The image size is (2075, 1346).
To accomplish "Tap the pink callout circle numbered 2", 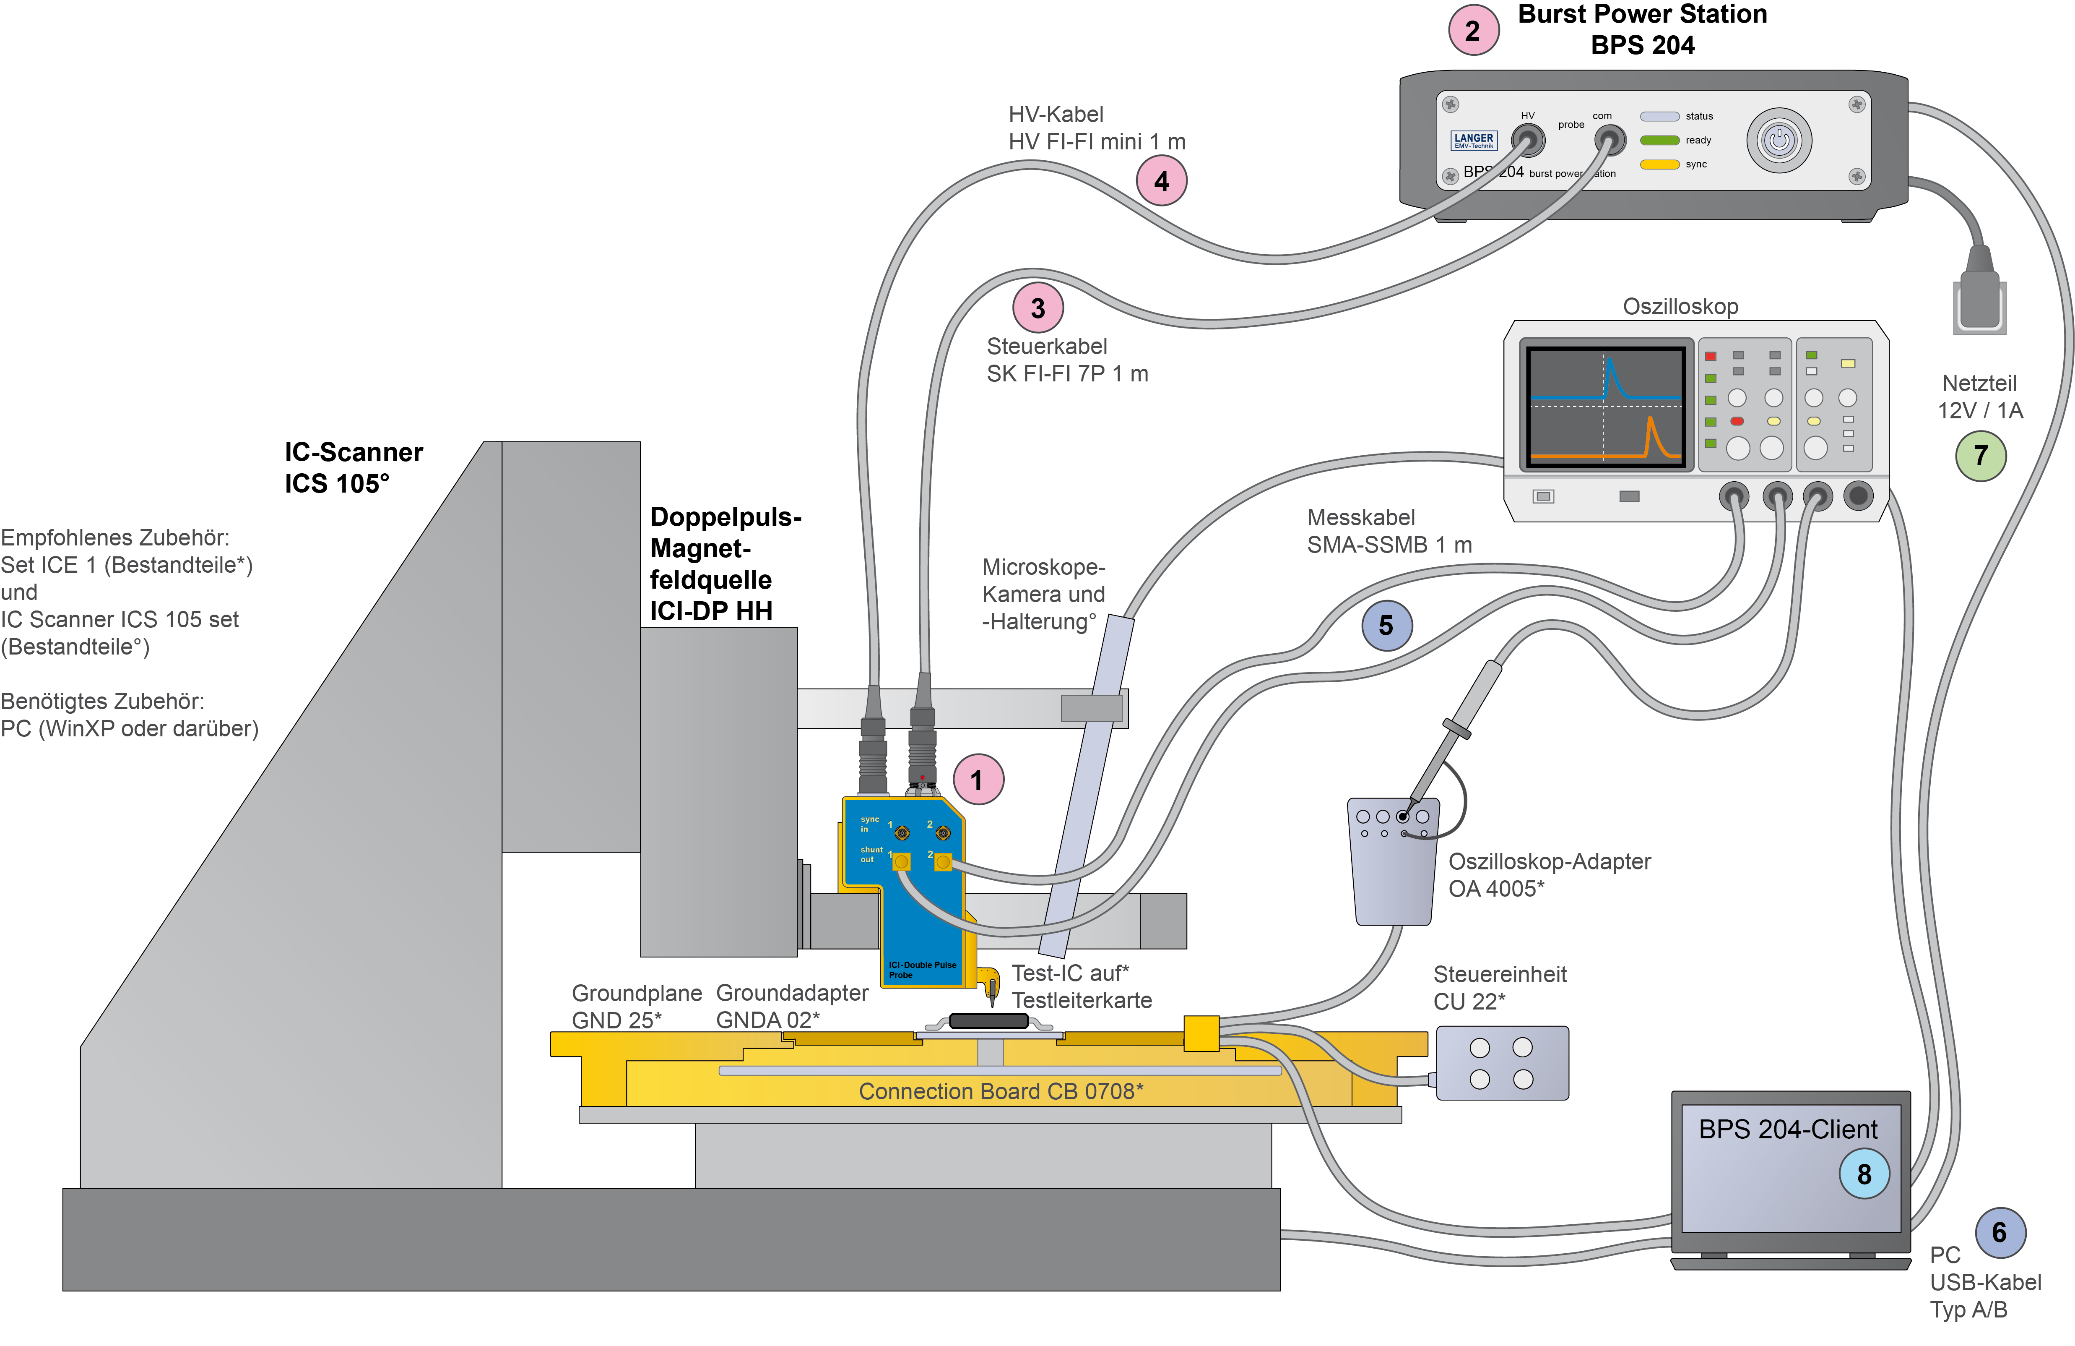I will point(1473,31).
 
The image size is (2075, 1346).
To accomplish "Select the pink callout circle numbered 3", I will point(1037,308).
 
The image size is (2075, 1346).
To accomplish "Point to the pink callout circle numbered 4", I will point(1161,180).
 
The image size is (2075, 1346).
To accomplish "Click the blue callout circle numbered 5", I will point(1386,626).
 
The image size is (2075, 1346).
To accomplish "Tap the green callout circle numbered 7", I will point(1981,455).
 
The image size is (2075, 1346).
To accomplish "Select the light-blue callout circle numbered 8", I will point(1864,1174).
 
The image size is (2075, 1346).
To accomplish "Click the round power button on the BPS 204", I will point(1779,140).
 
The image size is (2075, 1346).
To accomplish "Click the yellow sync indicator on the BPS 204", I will point(1659,164).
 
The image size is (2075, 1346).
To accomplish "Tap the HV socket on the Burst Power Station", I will point(1527,140).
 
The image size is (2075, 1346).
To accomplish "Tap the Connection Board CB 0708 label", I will point(1001,1091).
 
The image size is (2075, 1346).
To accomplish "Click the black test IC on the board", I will point(989,1021).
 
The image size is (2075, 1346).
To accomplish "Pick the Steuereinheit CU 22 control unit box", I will point(1501,1062).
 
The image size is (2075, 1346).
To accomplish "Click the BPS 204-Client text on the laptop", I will point(1787,1129).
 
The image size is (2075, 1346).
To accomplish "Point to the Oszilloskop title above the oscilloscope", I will point(1680,306).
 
